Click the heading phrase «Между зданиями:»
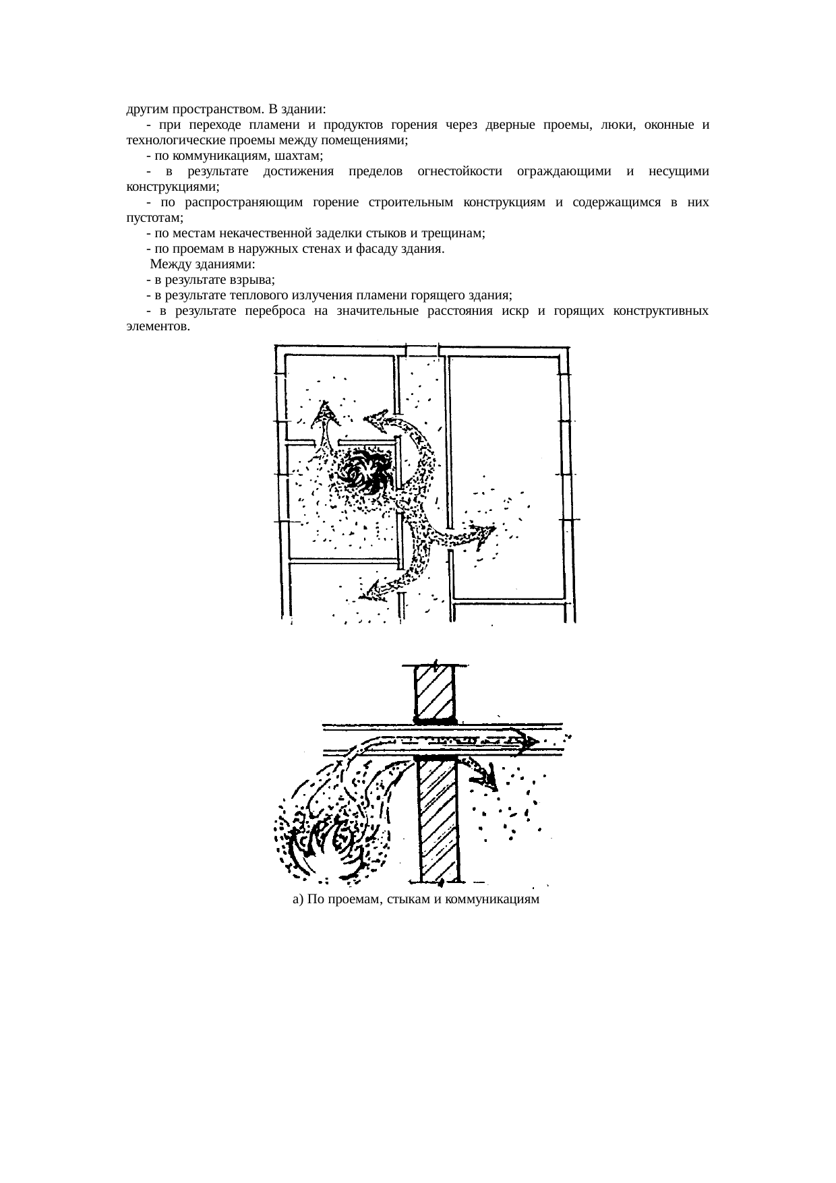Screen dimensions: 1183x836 click(202, 264)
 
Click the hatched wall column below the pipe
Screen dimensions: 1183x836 click(439, 819)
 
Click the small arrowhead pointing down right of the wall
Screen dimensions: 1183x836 click(489, 779)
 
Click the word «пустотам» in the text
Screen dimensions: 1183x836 click(154, 218)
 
